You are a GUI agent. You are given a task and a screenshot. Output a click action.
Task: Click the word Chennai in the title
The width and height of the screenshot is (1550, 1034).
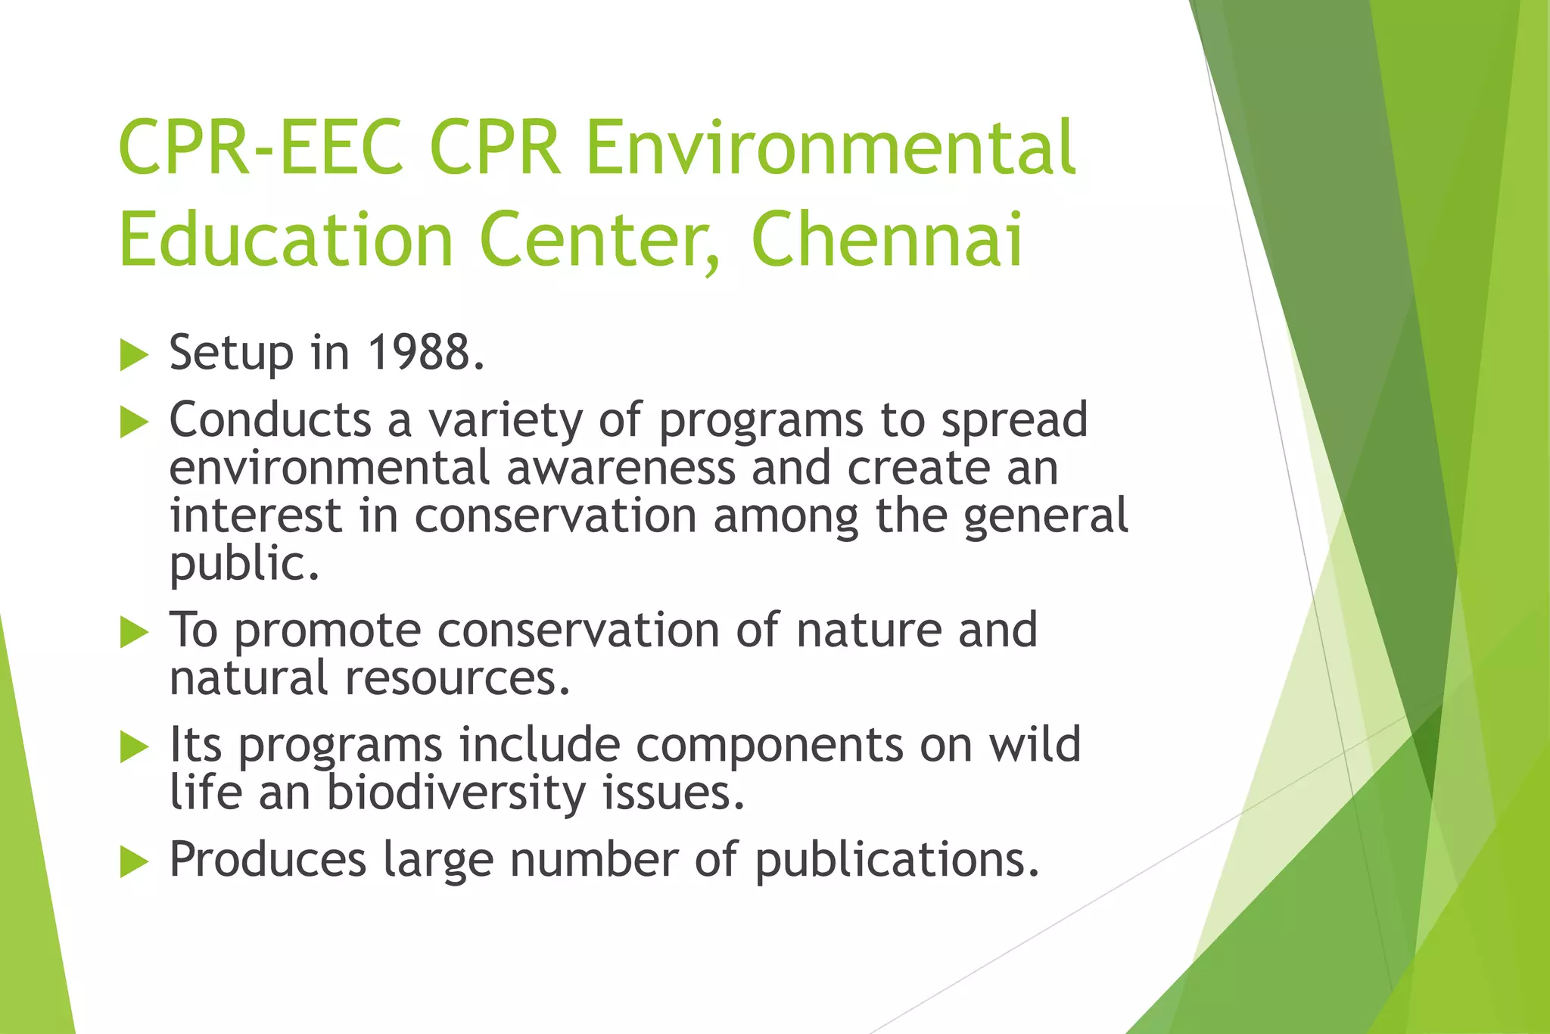pyautogui.click(x=887, y=239)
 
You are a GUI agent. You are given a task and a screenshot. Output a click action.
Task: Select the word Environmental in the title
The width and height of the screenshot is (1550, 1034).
pyautogui.click(x=830, y=147)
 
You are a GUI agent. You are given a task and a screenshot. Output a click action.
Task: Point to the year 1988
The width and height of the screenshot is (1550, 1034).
pyautogui.click(x=425, y=353)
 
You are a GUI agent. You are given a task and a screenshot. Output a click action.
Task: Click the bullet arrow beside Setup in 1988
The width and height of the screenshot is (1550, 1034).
pyautogui.click(x=134, y=355)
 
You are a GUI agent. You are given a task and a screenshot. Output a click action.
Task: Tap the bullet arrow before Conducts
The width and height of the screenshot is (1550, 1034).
pyautogui.click(x=134, y=422)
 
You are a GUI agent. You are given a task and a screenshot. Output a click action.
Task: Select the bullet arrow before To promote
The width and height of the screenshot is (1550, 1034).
pyautogui.click(x=134, y=632)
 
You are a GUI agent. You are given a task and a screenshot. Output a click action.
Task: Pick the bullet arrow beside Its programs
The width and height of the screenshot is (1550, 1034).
pyautogui.click(x=134, y=747)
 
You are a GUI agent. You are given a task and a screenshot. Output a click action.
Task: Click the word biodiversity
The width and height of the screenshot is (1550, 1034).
pyautogui.click(x=456, y=793)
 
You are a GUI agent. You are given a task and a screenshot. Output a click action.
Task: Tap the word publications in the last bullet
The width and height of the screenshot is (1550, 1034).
pyautogui.click(x=897, y=861)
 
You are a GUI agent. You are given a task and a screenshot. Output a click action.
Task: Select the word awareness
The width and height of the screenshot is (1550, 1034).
pyautogui.click(x=621, y=468)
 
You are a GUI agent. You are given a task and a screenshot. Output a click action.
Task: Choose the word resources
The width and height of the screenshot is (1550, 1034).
pyautogui.click(x=456, y=677)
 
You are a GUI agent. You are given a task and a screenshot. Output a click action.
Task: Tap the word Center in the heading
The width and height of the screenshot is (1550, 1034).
pyautogui.click(x=599, y=239)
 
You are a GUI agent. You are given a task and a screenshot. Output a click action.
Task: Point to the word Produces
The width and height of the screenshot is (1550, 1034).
pyautogui.click(x=267, y=860)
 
